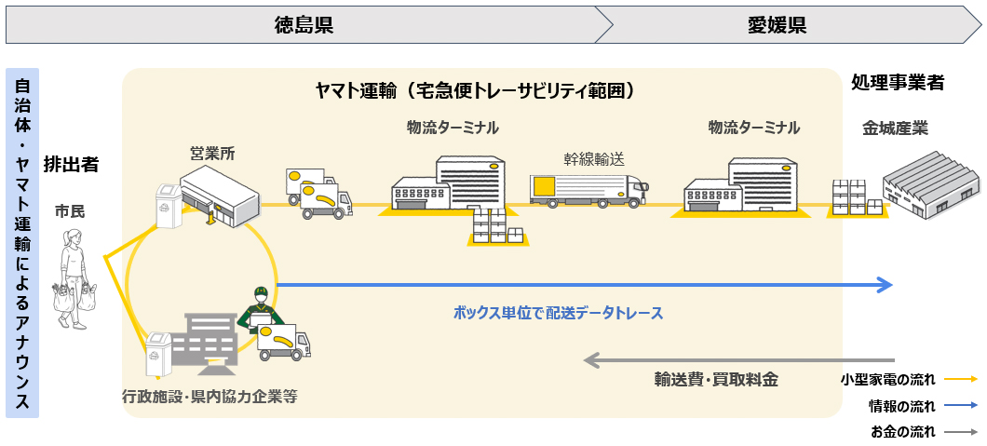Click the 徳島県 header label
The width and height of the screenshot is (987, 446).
[304, 25]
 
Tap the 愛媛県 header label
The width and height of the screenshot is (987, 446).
[777, 25]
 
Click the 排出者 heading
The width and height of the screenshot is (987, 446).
[71, 165]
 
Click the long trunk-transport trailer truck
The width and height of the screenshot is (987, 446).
[589, 191]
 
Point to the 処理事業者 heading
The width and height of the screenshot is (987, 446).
[897, 83]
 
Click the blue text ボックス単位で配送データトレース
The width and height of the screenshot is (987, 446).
[559, 313]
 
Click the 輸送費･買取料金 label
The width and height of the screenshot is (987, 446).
[716, 380]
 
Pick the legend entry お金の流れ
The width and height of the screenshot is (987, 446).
[903, 432]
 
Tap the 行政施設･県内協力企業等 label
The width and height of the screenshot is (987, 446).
[210, 397]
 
